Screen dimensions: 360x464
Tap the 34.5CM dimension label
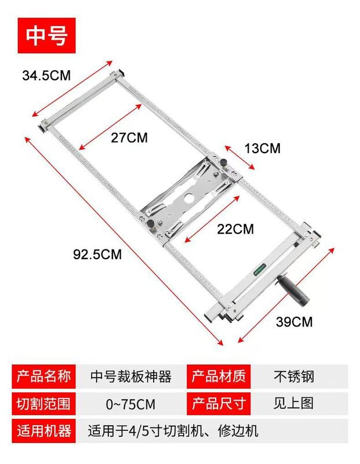tap(46, 75)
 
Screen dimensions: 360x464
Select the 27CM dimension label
tap(129, 137)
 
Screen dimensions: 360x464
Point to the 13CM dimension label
tap(262, 148)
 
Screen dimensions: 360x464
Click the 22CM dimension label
tap(234, 229)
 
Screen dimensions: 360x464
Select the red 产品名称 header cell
tap(44, 376)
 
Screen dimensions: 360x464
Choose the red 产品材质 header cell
tap(218, 376)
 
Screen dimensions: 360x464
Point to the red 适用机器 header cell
tap(44, 431)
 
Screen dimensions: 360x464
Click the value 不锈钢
tap(294, 376)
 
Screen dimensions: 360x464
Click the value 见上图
tap(294, 403)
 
